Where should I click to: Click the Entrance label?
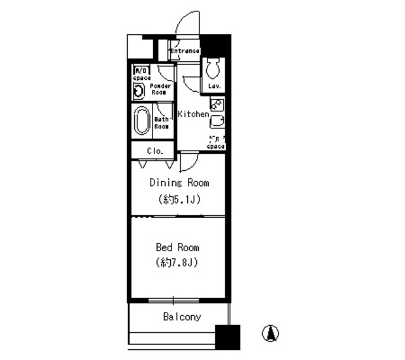185,51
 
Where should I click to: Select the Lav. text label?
215,86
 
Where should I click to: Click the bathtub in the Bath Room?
141,120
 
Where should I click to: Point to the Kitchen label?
192,115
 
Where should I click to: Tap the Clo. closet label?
155,151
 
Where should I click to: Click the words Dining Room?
179,183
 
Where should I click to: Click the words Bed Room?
178,247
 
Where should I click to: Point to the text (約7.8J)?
178,263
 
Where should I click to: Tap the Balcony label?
182,316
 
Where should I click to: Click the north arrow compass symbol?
271,333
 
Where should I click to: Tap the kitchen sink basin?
217,121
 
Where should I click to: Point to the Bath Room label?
161,122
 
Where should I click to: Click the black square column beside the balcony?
228,337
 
